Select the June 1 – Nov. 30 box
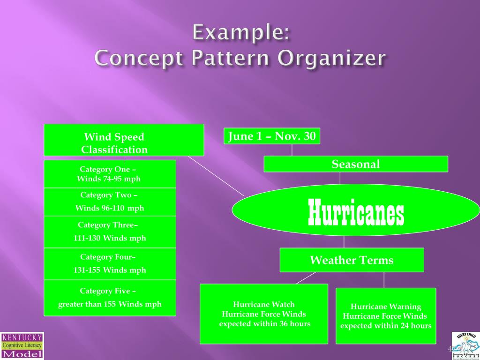pos(272,136)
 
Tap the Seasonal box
pos(356,164)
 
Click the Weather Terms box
pos(352,260)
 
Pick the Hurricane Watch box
pos(264,314)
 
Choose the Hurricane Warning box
pos(386,315)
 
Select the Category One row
pos(110,174)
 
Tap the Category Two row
pos(110,202)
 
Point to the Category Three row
pos(110,232)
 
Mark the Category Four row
pos(110,263)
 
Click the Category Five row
pos(110,298)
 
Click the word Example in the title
pos(241,34)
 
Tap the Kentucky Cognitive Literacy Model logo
pos(22,345)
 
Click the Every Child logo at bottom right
pos(465,345)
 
